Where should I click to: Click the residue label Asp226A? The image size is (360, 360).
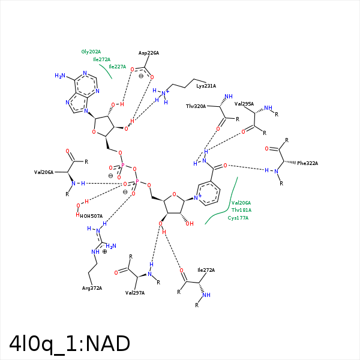click(148, 53)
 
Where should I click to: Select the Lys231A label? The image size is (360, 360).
click(206, 86)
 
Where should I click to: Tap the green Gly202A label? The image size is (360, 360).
click(91, 52)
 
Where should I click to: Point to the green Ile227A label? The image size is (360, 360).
click(117, 67)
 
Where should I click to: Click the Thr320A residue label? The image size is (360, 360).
click(196, 106)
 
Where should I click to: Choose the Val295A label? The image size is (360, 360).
click(244, 104)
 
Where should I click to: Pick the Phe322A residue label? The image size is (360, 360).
click(307, 163)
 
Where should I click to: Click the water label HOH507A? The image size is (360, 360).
click(91, 216)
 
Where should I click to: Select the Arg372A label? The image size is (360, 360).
click(92, 288)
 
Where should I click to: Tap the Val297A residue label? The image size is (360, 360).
click(135, 292)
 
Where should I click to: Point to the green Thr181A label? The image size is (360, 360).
click(241, 210)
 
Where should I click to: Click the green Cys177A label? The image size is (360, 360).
click(238, 217)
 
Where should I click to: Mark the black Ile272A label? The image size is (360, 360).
click(206, 270)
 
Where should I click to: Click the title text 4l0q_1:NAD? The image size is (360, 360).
click(70, 344)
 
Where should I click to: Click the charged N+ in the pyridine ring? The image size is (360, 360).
click(197, 197)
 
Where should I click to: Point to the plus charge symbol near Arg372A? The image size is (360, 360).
click(104, 251)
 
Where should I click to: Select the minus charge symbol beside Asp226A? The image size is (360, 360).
click(140, 76)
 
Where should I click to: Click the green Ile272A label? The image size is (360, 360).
click(101, 59)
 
